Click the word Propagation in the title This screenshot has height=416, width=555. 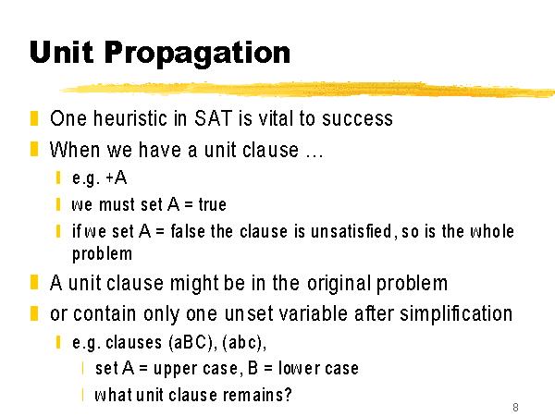pyautogui.click(x=197, y=54)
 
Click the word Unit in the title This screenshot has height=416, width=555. pyautogui.click(x=62, y=52)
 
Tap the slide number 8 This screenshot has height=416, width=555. pyautogui.click(x=515, y=407)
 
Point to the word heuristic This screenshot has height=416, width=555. pyautogui.click(x=130, y=118)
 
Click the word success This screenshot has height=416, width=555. pyautogui.click(x=357, y=118)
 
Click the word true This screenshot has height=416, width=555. pyautogui.click(x=213, y=204)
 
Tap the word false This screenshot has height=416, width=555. pyautogui.click(x=188, y=231)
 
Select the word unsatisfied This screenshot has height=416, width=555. pyautogui.click(x=351, y=231)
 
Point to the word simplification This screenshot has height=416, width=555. pyautogui.click(x=456, y=313)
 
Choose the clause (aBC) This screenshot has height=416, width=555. pyautogui.click(x=191, y=342)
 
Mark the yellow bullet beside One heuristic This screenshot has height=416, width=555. pyautogui.click(x=34, y=118)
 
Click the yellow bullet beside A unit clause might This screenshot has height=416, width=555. pyautogui.click(x=34, y=283)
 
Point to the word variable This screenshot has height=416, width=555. pyautogui.click(x=313, y=313)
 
